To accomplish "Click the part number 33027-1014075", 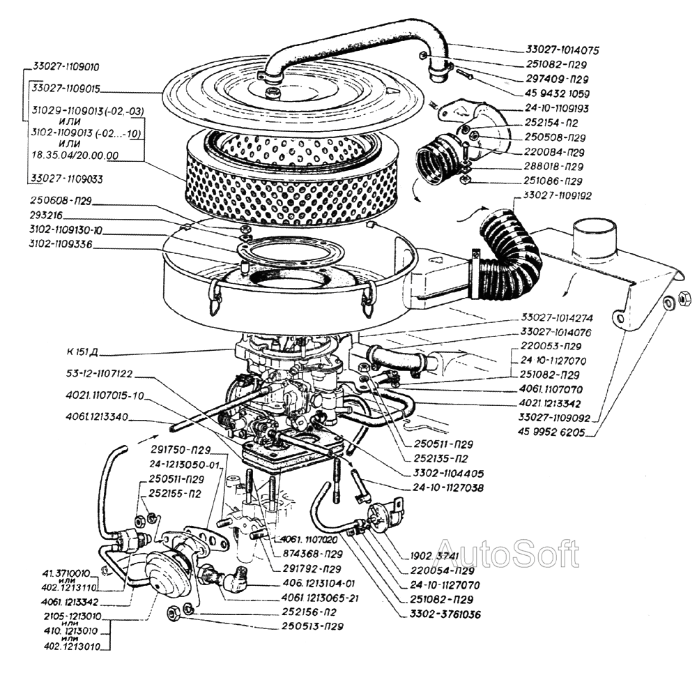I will pos(563,50).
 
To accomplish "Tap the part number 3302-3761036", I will pos(444,614).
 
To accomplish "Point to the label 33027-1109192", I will pos(557,196).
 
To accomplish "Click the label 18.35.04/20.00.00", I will pos(73,156).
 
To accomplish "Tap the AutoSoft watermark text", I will pos(507,553).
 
